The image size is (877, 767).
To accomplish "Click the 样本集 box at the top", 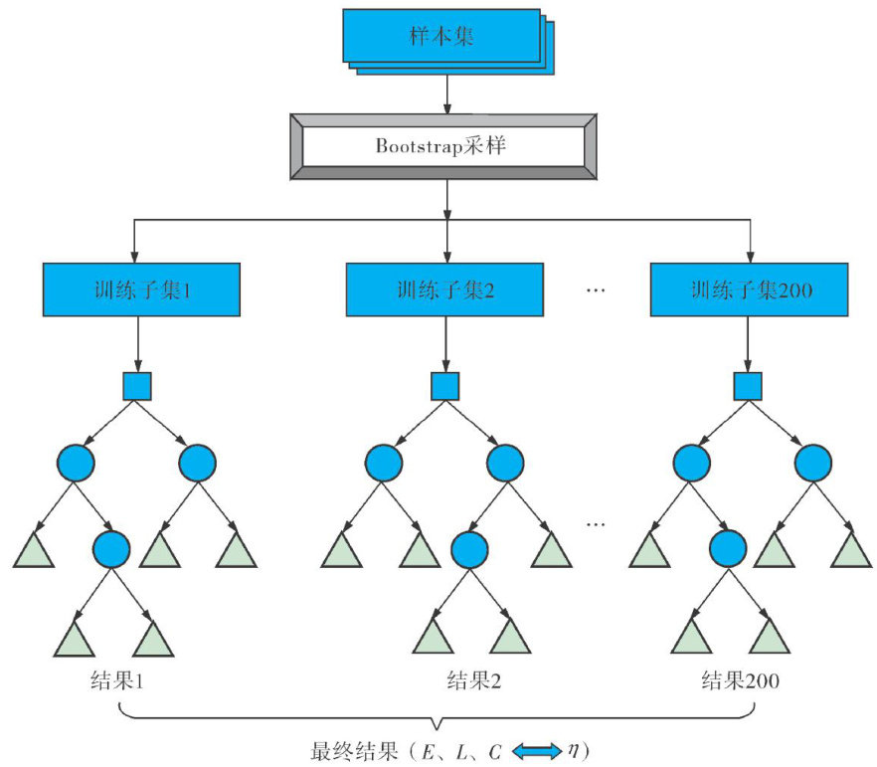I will tap(441, 36).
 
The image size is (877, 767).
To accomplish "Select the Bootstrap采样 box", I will tap(443, 145).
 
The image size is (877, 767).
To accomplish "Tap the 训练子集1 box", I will tap(140, 290).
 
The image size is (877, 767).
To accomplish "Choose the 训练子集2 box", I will tap(444, 290).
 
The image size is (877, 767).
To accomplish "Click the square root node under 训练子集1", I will tap(137, 386).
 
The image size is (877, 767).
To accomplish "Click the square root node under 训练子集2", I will tap(445, 386).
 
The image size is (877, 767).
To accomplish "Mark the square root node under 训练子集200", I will tap(748, 386).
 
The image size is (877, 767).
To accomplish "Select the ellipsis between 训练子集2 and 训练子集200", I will tap(597, 290).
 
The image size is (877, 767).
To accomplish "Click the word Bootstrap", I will tap(411, 145).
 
